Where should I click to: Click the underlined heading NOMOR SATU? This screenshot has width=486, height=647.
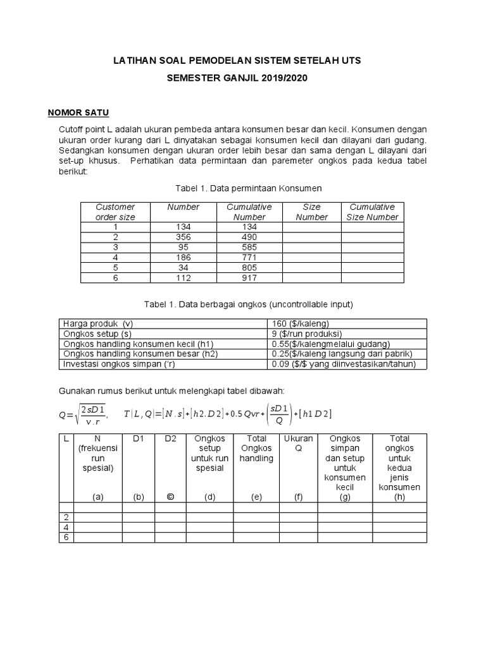click(79, 113)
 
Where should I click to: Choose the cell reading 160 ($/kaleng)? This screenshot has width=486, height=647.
click(301, 323)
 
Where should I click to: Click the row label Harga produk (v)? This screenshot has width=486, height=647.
click(97, 323)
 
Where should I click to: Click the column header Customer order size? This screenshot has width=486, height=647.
click(115, 212)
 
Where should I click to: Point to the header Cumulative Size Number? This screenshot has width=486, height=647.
click(372, 212)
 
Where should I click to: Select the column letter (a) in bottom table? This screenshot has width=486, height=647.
click(97, 497)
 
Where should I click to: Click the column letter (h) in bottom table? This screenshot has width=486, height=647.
click(399, 497)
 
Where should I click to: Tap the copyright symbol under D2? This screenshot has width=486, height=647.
click(170, 497)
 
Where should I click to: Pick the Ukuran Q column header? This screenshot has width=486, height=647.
click(298, 444)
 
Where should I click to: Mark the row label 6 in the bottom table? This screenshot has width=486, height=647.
click(66, 537)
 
